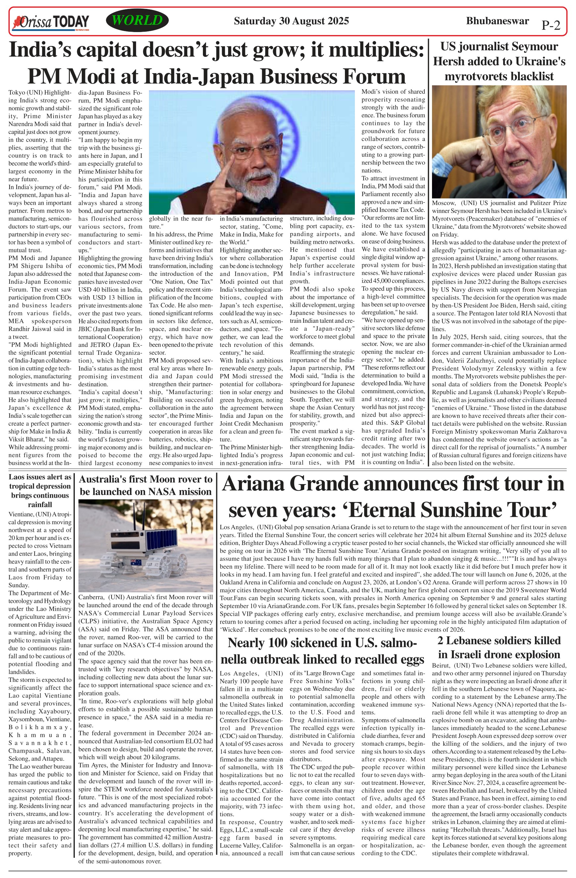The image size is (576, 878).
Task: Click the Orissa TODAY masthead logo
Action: coord(51,22)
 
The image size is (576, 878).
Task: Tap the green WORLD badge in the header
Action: coord(137,21)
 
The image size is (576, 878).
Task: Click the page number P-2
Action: coord(551,25)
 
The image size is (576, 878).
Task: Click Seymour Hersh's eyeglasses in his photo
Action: coord(517,129)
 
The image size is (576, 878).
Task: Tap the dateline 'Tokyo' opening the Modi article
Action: coord(16,93)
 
